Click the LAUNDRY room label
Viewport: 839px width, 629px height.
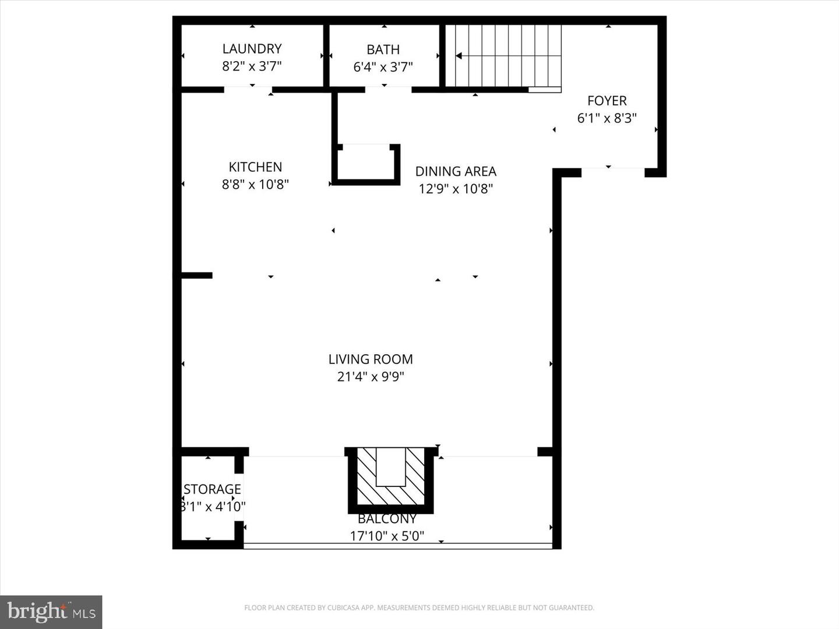pyautogui.click(x=252, y=49)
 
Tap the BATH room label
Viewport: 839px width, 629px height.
pyautogui.click(x=383, y=50)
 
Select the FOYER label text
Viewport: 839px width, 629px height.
pyautogui.click(x=607, y=101)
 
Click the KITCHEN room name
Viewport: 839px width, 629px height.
pyautogui.click(x=255, y=167)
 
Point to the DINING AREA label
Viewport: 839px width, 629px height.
pyautogui.click(x=456, y=172)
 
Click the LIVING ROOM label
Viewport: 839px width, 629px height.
pyautogui.click(x=371, y=359)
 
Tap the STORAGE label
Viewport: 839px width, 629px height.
pyautogui.click(x=212, y=489)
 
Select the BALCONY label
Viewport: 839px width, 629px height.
pyautogui.click(x=387, y=519)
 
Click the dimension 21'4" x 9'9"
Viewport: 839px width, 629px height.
pyautogui.click(x=371, y=377)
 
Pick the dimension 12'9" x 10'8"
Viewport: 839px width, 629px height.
pyautogui.click(x=456, y=189)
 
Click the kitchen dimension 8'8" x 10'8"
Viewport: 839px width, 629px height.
pyautogui.click(x=255, y=185)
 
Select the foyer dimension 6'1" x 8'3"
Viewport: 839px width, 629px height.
pyautogui.click(x=607, y=118)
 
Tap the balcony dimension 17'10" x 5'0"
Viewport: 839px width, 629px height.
pyautogui.click(x=387, y=536)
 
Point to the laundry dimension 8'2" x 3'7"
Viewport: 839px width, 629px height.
pyautogui.click(x=252, y=66)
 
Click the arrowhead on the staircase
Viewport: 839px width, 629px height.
pyautogui.click(x=459, y=56)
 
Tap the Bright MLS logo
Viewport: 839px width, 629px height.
pyautogui.click(x=51, y=612)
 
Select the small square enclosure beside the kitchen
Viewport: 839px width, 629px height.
pyautogui.click(x=366, y=164)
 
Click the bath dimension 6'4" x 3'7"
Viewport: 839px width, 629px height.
pyautogui.click(x=383, y=67)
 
